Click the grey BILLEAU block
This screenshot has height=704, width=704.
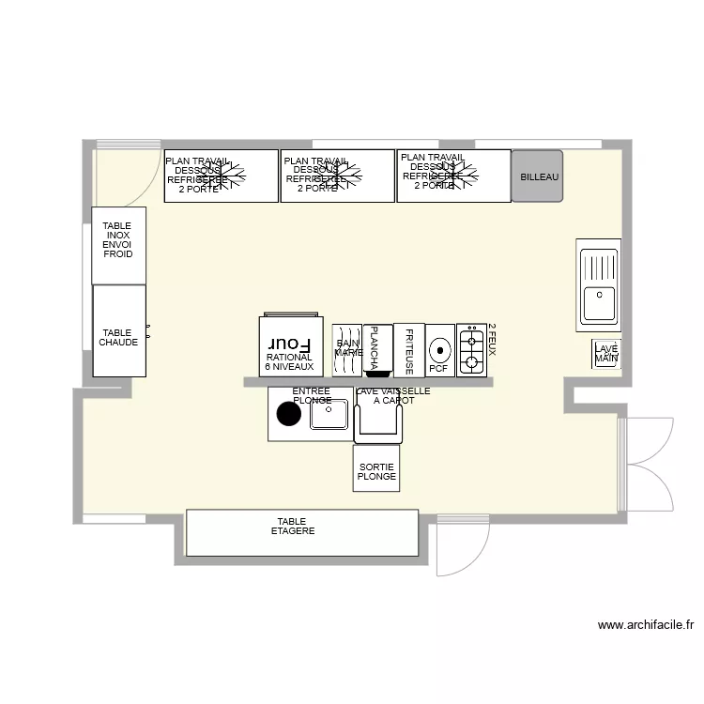tap(537, 176)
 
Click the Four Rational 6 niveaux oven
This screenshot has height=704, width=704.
tap(289, 347)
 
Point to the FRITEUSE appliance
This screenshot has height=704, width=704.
tap(409, 350)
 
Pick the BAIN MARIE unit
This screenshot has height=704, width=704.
tap(347, 350)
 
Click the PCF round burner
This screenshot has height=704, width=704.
tap(439, 351)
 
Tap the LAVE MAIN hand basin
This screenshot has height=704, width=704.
tap(606, 354)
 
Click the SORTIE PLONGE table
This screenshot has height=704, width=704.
tap(377, 468)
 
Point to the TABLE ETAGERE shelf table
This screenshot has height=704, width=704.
tap(301, 532)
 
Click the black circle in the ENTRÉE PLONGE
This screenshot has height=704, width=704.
tap(286, 413)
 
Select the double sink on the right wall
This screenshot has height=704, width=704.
tap(599, 284)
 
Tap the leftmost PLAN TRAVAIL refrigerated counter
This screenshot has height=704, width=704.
tap(222, 176)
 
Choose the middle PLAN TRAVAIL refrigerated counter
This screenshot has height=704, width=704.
tap(338, 176)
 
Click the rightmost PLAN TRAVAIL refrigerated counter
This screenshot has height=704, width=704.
tap(453, 176)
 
